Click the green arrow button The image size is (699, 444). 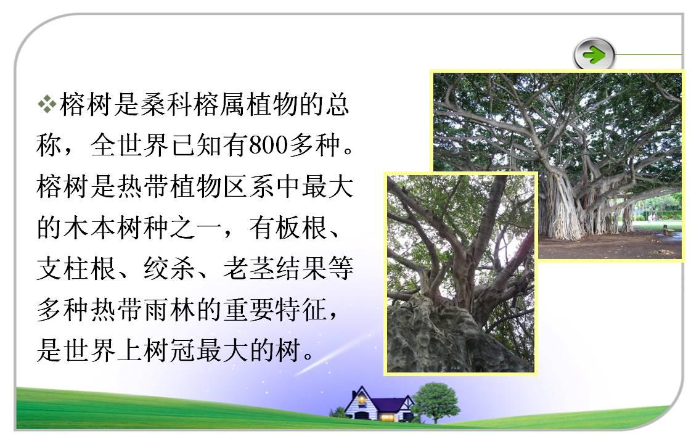(594, 55)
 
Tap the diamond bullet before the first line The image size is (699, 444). (47, 105)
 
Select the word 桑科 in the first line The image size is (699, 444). (166, 105)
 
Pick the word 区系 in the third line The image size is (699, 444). (249, 186)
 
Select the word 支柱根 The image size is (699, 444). (76, 269)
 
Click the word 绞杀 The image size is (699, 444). (170, 269)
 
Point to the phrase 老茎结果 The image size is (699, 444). (275, 269)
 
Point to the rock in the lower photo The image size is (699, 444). (441, 339)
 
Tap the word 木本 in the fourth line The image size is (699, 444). (89, 228)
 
